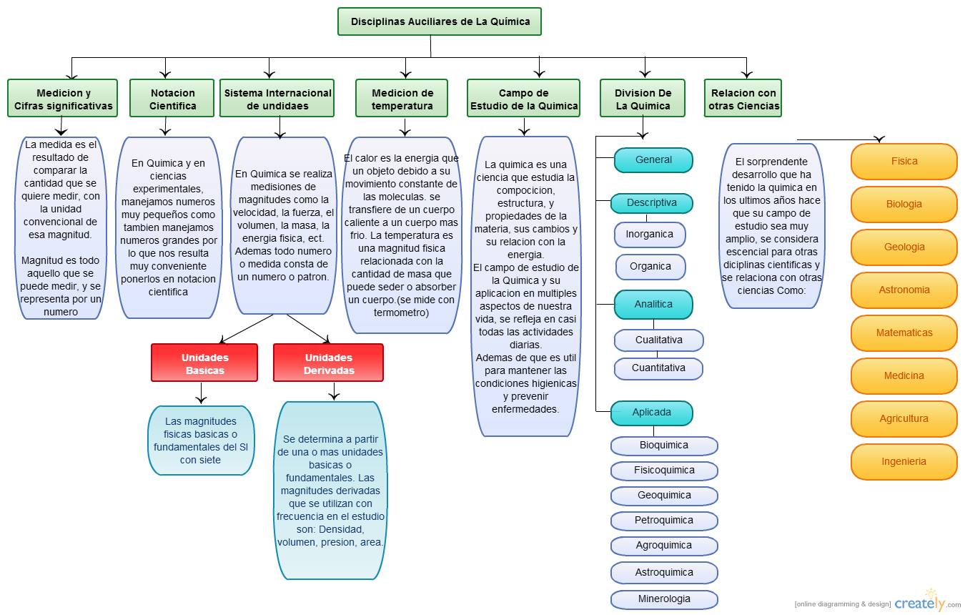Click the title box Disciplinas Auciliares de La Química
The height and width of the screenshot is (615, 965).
click(x=439, y=21)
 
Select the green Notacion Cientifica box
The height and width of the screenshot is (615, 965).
click(x=172, y=99)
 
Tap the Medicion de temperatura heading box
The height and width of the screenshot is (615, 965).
click(x=402, y=99)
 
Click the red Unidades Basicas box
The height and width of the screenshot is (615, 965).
click(x=204, y=363)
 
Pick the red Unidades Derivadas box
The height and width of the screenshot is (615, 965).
click(x=328, y=363)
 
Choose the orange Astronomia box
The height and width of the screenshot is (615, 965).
click(x=904, y=290)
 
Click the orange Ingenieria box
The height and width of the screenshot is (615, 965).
click(x=904, y=461)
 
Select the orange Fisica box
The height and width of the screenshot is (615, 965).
click(x=904, y=161)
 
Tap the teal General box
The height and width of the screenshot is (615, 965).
click(x=653, y=160)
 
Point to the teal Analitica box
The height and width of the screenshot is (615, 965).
click(x=653, y=304)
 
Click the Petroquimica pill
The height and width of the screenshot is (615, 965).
click(x=663, y=520)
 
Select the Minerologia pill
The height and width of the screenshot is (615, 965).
click(x=663, y=599)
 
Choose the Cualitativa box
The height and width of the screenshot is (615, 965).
click(x=658, y=340)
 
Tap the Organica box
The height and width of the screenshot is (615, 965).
click(x=650, y=266)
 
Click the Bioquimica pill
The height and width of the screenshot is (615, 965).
click(x=663, y=445)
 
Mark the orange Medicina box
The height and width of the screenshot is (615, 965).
click(x=904, y=375)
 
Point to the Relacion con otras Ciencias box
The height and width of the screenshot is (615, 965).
click(x=742, y=99)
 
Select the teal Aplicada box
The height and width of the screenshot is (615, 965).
click(x=651, y=413)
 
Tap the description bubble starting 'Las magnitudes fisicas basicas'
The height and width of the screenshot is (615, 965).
click(x=201, y=441)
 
